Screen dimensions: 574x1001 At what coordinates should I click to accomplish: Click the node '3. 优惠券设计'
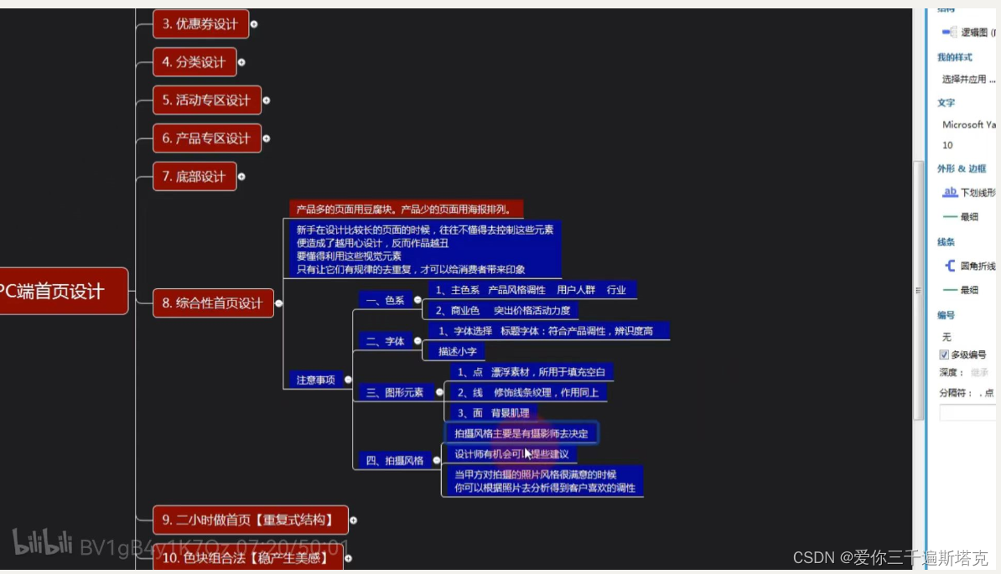coord(200,24)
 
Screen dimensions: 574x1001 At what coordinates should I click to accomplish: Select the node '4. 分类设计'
coord(194,62)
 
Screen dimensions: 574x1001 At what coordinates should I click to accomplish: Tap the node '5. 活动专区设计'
coord(206,101)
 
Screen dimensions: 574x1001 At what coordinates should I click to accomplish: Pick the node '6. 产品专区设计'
coord(206,138)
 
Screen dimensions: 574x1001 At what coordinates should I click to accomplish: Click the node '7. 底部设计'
coord(194,177)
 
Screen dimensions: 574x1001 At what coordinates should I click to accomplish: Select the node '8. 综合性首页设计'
coord(213,303)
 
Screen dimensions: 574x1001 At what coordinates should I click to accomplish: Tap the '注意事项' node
coord(315,380)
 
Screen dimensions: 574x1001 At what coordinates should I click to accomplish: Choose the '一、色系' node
coord(386,300)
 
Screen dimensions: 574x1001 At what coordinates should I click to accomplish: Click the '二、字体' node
coord(386,341)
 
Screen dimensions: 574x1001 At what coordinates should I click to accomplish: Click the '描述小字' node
coord(457,351)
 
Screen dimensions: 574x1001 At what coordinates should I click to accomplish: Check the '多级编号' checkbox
coord(944,354)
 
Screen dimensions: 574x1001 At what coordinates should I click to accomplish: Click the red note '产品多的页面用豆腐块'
coord(406,209)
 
